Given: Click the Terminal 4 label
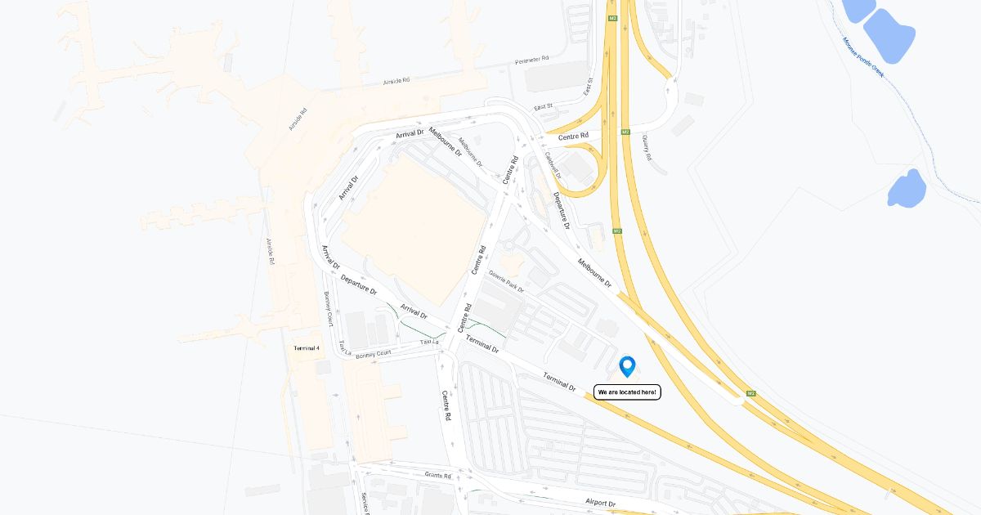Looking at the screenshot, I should tap(307, 348).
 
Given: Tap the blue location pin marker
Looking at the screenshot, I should tap(627, 365).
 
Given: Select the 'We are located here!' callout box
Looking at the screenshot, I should tap(627, 392).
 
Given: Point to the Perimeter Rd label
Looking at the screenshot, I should tap(532, 60).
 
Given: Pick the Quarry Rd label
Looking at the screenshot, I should tap(646, 148).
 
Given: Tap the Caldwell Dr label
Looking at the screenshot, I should tap(553, 164).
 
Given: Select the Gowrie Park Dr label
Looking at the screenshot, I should tap(507, 282).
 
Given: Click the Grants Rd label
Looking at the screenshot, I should tap(438, 475).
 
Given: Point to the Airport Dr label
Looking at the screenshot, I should tap(600, 504).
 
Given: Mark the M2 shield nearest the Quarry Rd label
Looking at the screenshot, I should tap(625, 132).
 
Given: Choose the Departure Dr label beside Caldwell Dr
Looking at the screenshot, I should tap(561, 210).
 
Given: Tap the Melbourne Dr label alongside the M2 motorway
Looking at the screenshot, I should tap(594, 272).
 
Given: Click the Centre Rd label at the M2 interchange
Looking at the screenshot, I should tap(573, 136).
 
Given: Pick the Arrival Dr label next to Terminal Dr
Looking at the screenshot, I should tap(414, 312).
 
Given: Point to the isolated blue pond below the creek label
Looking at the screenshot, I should tap(907, 188).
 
